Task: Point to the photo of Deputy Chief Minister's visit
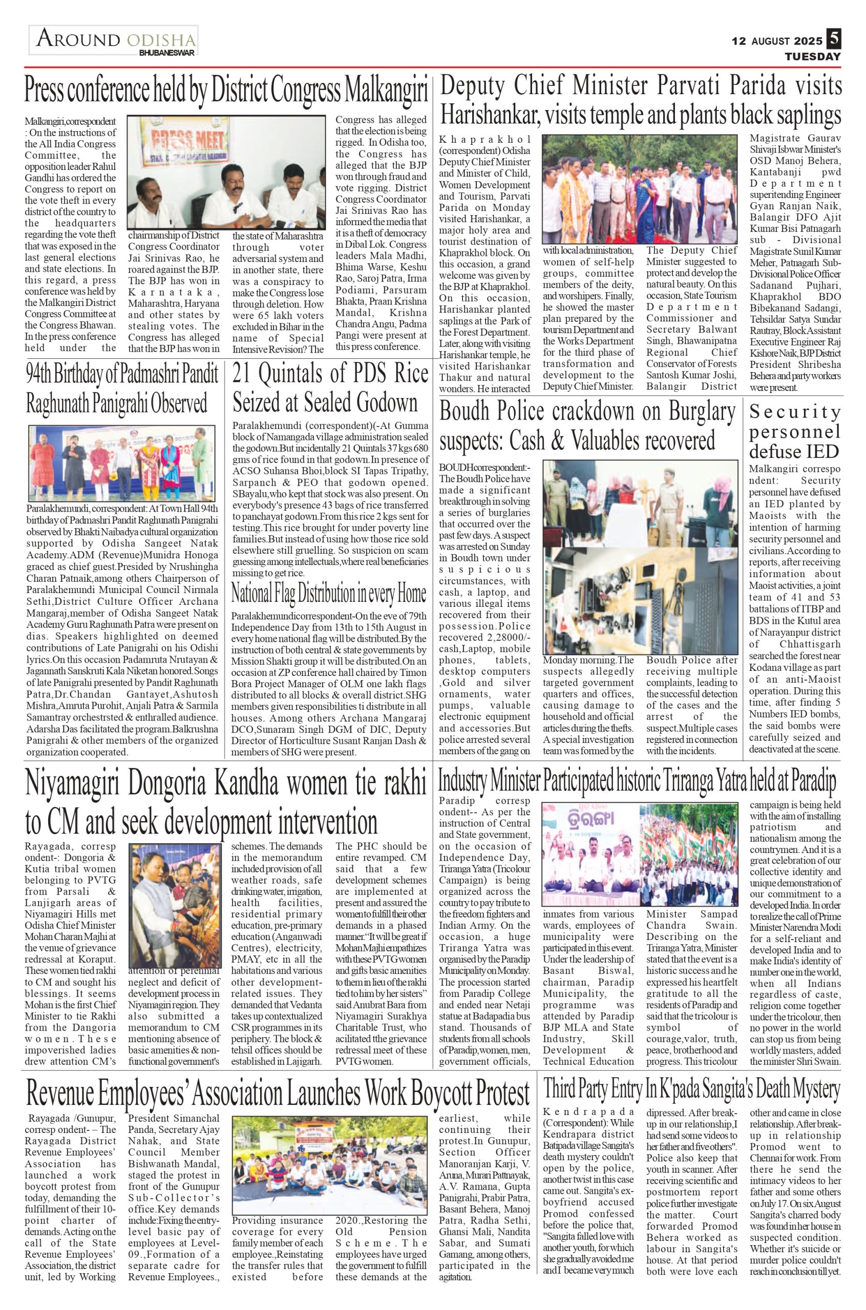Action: pyautogui.click(x=640, y=188)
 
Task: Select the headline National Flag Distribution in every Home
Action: pyautogui.click(x=329, y=594)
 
